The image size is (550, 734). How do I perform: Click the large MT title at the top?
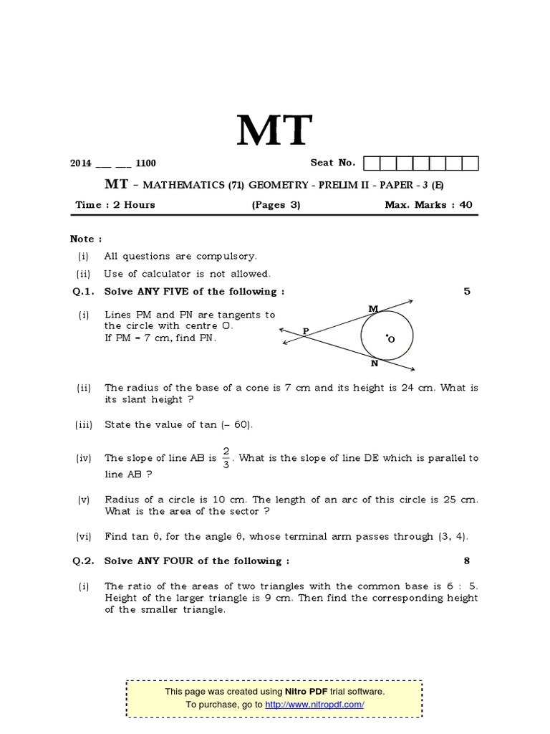click(275, 131)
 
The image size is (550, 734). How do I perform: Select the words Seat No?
click(332, 163)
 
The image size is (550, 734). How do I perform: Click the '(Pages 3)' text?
click(275, 204)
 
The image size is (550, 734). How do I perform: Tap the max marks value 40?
click(466, 204)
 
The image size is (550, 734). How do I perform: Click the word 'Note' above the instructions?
click(83, 239)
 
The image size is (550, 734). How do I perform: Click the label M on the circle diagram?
click(373, 309)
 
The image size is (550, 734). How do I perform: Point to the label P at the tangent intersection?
click(306, 331)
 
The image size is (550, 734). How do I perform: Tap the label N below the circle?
click(374, 363)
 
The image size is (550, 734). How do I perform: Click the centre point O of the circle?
click(386, 335)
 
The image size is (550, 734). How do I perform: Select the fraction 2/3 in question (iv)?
click(226, 458)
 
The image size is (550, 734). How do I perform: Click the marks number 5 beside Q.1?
click(467, 291)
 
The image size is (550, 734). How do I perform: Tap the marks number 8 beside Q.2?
click(467, 561)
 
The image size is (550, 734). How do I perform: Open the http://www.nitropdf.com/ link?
click(314, 705)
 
